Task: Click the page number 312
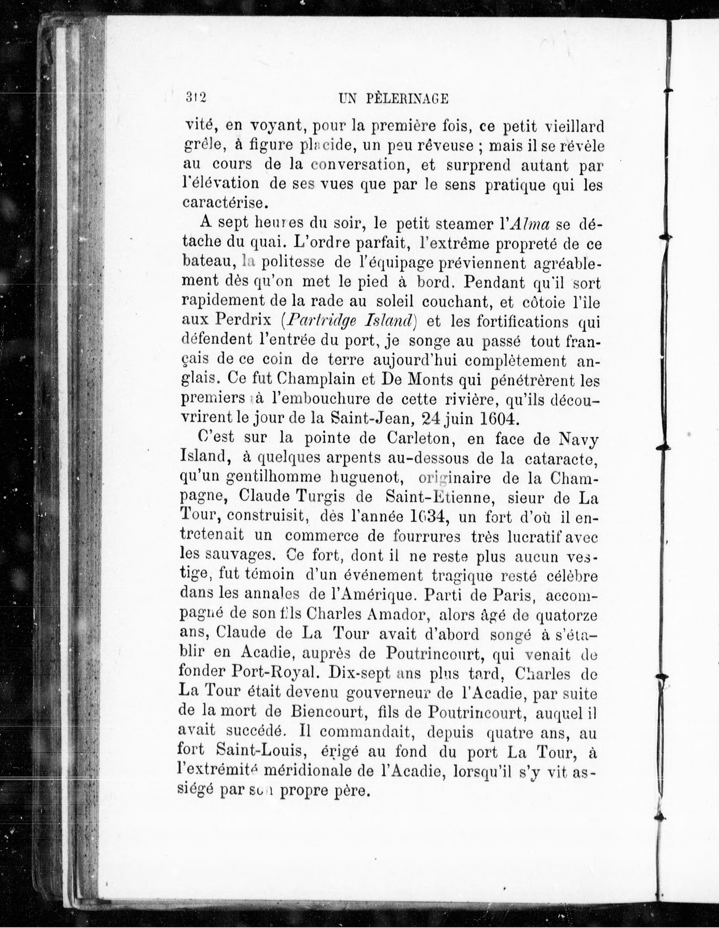click(x=195, y=98)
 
